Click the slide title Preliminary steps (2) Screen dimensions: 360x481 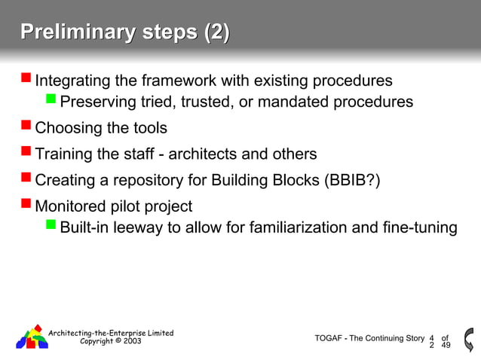tap(125, 33)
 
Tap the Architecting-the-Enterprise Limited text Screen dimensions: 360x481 tap(111, 332)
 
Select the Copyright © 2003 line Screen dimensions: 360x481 tap(110, 341)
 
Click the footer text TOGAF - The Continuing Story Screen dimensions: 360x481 tap(369, 338)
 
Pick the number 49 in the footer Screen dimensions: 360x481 tap(446, 346)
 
